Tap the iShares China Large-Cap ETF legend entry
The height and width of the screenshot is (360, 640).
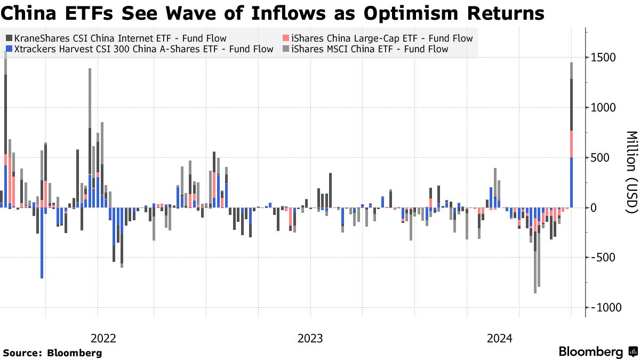click(381, 38)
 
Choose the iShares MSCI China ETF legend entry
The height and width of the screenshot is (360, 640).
click(370, 49)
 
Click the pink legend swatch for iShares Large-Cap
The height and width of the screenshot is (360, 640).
click(285, 38)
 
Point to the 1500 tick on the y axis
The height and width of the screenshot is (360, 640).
click(605, 58)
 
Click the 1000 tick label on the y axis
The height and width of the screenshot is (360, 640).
click(605, 108)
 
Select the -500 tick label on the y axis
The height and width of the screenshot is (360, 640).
click(604, 258)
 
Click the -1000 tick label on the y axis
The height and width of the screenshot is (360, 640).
click(607, 308)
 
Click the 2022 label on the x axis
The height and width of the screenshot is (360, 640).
click(103, 338)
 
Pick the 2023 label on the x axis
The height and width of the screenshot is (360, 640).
click(310, 338)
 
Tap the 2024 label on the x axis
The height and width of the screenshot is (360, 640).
click(500, 338)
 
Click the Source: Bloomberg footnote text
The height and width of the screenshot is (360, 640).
click(52, 353)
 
